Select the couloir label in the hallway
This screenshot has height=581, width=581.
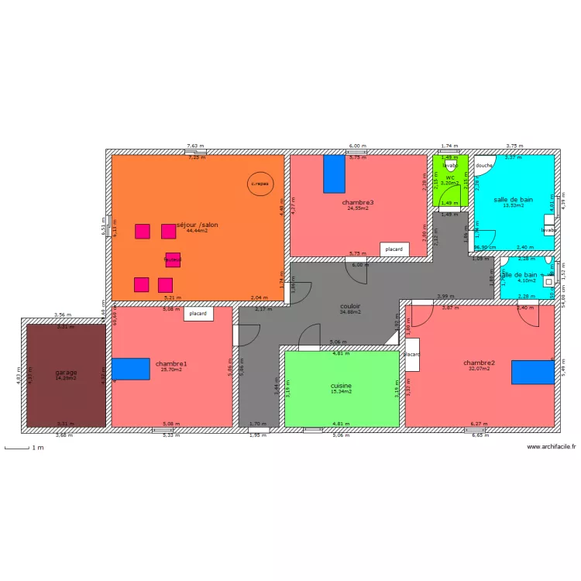tap(350, 306)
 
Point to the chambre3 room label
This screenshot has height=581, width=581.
tap(358, 202)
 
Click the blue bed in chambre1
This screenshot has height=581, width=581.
tap(130, 369)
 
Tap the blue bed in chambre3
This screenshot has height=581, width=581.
tap(334, 174)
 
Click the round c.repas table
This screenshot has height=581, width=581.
tap(259, 184)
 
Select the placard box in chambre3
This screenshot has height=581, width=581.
tap(394, 249)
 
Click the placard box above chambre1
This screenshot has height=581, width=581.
tap(198, 314)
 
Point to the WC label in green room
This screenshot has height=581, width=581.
tap(449, 177)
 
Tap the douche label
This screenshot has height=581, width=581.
tap(484, 165)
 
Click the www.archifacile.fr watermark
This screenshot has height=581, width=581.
tap(551, 447)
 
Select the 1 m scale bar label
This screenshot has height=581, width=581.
tap(37, 448)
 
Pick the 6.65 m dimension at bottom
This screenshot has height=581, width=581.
tap(480, 435)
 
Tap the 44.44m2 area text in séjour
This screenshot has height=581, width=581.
tap(197, 231)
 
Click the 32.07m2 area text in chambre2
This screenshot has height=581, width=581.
tap(480, 369)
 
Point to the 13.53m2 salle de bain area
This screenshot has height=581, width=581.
tap(513, 206)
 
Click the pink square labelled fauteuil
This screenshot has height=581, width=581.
tap(172, 260)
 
